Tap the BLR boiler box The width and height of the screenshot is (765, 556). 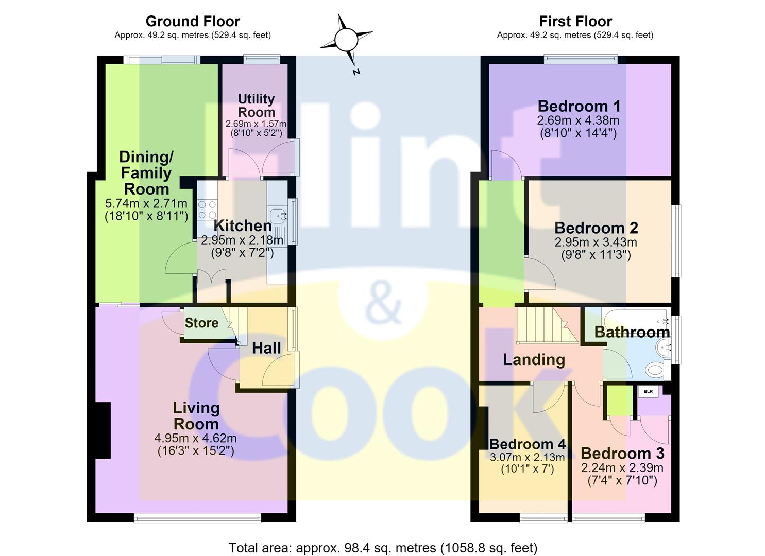[x=648, y=391]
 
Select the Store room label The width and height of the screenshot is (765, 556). [x=201, y=323]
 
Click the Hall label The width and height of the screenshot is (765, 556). [x=266, y=348]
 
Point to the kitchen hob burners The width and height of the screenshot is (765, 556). [x=207, y=210]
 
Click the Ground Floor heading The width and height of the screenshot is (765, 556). [x=193, y=22]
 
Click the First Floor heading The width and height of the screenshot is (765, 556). [x=575, y=22]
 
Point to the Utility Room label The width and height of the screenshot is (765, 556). [x=257, y=106]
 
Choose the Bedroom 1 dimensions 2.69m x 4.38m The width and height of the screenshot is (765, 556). [x=578, y=120]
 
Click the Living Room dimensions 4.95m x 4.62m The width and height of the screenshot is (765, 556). [x=196, y=438]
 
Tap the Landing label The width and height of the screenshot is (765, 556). [x=534, y=360]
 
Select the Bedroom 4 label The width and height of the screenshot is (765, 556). [x=528, y=444]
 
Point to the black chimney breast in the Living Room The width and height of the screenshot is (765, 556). [x=103, y=430]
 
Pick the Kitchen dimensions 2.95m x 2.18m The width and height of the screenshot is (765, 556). [x=242, y=240]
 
